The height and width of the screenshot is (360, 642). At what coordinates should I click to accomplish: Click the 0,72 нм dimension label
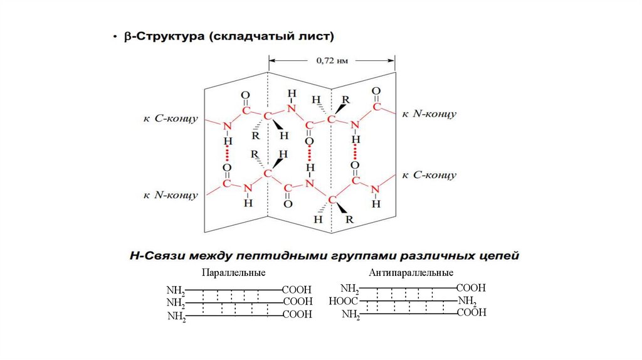click(x=332, y=61)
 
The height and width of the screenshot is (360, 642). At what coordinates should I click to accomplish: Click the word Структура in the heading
click(x=167, y=38)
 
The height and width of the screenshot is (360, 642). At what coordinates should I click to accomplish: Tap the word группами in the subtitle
click(x=355, y=257)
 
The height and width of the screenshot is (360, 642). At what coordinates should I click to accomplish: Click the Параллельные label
click(x=234, y=273)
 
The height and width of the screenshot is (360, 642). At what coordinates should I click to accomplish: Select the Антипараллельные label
click(x=411, y=273)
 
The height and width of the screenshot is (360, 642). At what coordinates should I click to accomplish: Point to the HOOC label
click(x=343, y=301)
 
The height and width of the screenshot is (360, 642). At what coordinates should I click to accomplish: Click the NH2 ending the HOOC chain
click(x=468, y=301)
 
